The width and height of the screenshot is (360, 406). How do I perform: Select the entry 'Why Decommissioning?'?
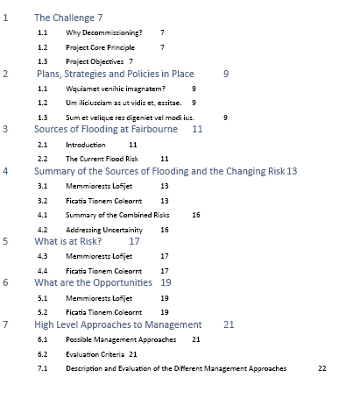point(103,32)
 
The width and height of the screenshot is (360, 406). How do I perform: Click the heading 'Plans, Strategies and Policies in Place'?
point(115,75)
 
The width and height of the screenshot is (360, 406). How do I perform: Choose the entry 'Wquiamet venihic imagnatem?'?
point(115,89)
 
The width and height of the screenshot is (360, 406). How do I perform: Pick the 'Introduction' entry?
point(86,145)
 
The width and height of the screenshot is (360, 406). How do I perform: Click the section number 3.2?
point(42,201)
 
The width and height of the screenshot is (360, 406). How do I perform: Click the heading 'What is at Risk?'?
point(68,241)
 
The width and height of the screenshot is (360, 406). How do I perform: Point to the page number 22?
point(321,369)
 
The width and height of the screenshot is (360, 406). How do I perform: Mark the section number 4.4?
point(42,271)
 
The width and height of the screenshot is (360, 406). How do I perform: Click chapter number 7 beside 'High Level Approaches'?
point(6,325)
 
